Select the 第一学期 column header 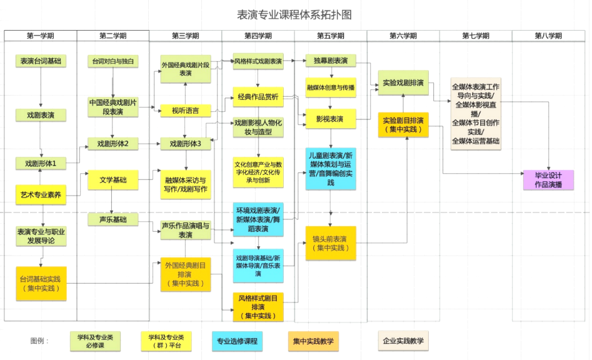pos(41,36)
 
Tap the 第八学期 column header pos(548,36)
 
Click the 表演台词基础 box pos(41,61)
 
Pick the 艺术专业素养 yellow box pos(41,195)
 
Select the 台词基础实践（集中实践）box pos(41,283)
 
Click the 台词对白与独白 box pos(113,61)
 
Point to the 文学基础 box pos(113,181)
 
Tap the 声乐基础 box pos(113,219)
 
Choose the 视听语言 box pos(186,111)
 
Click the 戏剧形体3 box pos(186,144)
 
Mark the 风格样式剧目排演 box pos(258,307)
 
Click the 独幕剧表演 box pos(330,61)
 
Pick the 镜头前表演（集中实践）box pos(330,244)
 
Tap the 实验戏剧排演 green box pos(403,82)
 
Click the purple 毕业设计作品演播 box pos(548,180)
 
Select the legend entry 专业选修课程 pos(236,341)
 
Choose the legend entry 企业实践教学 pos(403,341)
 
